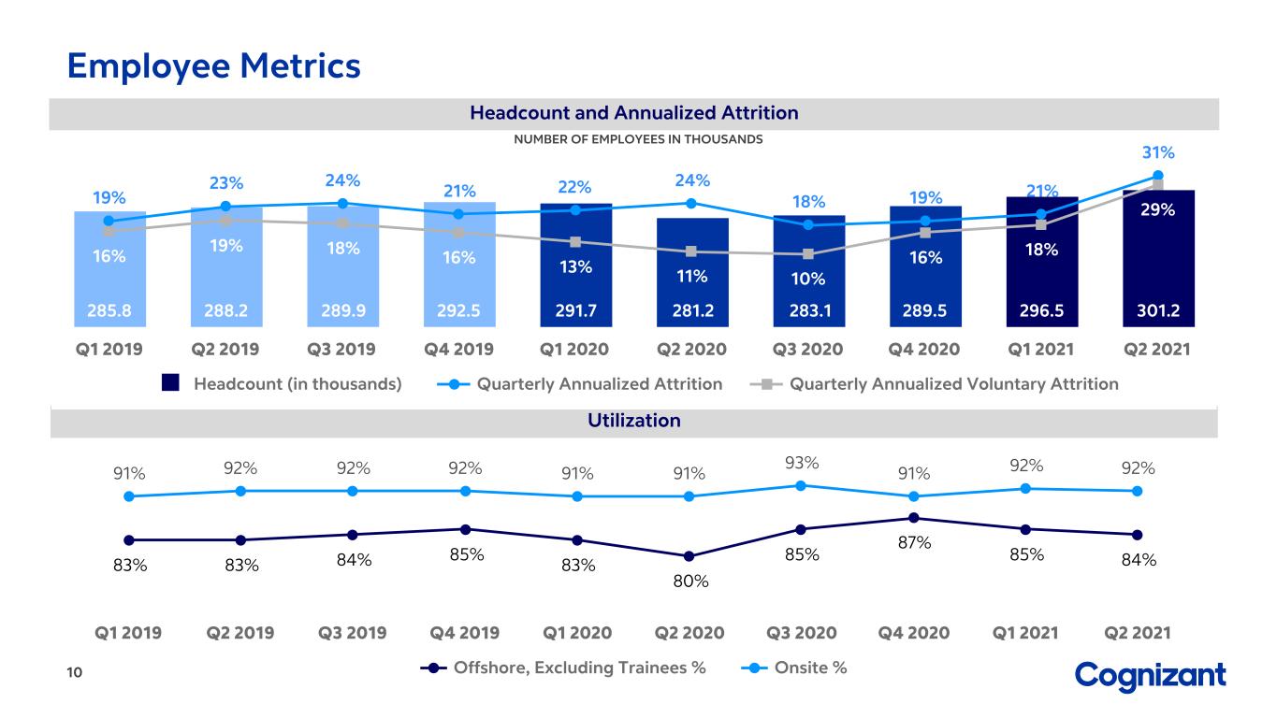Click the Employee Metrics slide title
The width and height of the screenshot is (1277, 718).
tap(214, 66)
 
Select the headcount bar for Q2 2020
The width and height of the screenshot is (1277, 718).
tap(692, 272)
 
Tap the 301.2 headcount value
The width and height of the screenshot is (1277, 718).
tap(1158, 310)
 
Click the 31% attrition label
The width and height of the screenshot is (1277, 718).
tap(1158, 152)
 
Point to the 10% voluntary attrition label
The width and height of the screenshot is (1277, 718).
tap(807, 279)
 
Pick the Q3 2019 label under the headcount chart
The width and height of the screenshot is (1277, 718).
tap(341, 349)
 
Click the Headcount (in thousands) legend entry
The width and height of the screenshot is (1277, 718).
tap(282, 383)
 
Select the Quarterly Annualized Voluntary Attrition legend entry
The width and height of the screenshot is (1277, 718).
tap(935, 384)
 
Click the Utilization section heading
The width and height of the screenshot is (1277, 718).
tap(634, 421)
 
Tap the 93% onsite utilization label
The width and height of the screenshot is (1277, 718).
tap(802, 463)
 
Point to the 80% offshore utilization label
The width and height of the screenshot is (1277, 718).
tap(690, 582)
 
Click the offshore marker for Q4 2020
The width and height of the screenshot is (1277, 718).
tap(913, 518)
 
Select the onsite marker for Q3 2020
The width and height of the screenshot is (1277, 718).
tap(801, 485)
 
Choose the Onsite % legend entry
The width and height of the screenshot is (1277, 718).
tap(793, 668)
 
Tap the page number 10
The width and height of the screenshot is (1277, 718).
tap(75, 672)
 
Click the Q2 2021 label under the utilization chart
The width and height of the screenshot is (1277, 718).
tap(1138, 633)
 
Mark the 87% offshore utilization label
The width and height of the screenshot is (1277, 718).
tap(914, 542)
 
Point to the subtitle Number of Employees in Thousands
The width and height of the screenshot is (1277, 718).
tap(638, 139)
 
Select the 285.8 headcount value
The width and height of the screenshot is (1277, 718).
tap(109, 310)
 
